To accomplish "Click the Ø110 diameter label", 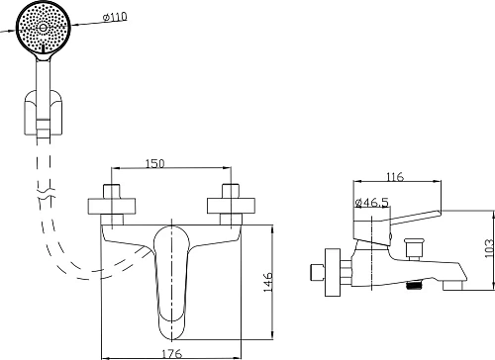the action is (115, 17).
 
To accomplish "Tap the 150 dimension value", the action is (154, 163).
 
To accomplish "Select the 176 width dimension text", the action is (172, 354).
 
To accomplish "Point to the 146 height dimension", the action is (267, 282).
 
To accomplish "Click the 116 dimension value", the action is (395, 177).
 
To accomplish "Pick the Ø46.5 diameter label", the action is (372, 202).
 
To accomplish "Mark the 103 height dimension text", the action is (489, 248).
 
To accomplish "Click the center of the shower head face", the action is (44, 28).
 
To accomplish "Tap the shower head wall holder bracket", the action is (44, 113).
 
